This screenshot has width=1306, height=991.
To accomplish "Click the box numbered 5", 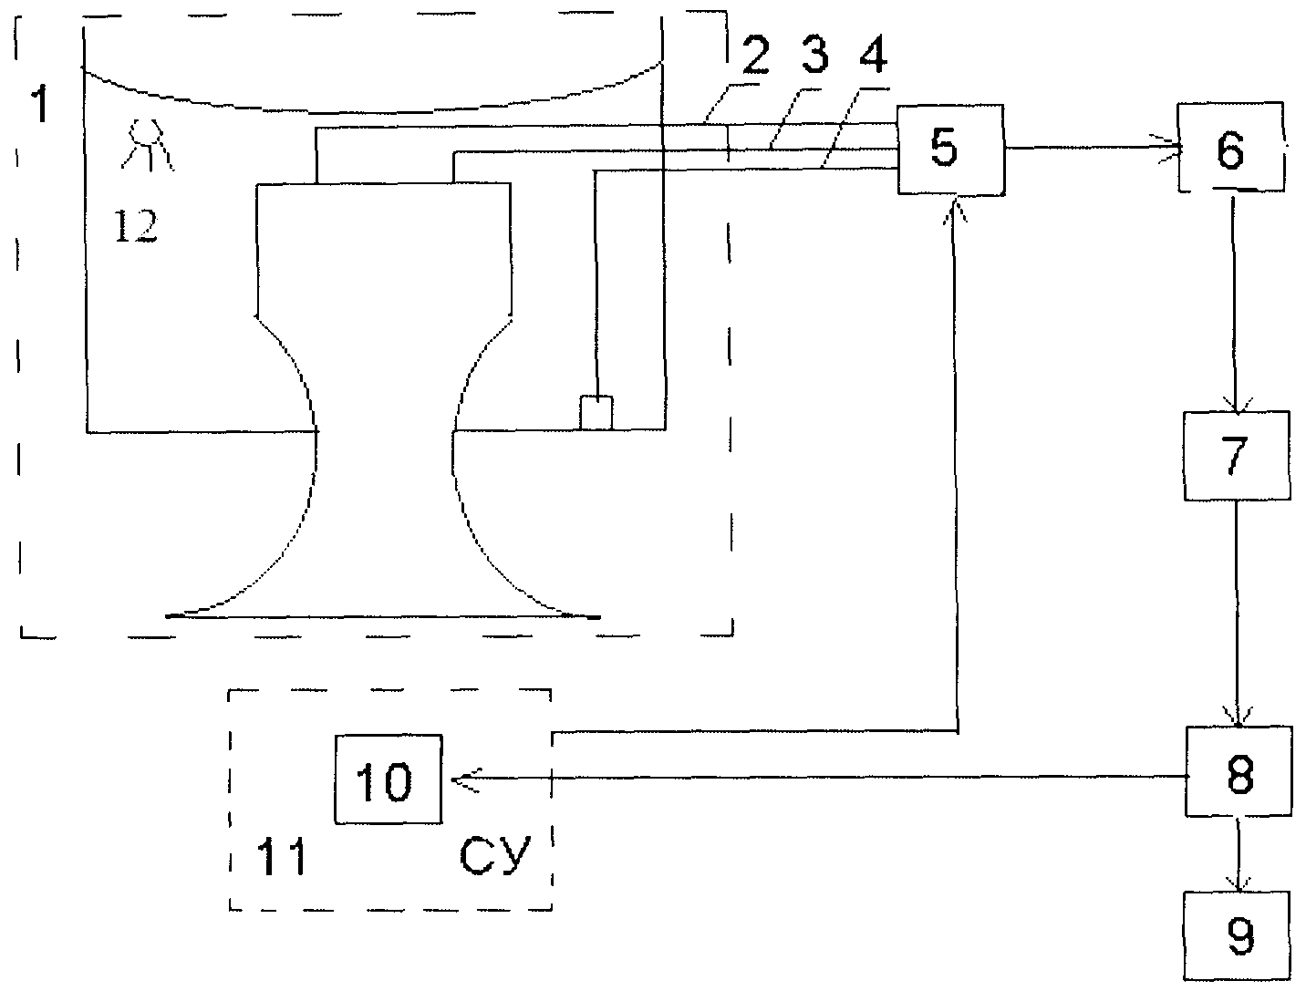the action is tap(950, 149).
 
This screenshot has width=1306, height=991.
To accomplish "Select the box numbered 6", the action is tap(1232, 149).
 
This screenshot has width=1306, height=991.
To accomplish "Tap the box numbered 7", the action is tap(1236, 455).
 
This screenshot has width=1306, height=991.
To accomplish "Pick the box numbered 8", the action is tap(1239, 771).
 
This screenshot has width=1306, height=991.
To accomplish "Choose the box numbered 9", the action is tap(1239, 935).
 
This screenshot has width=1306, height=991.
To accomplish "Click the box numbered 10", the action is tap(388, 779).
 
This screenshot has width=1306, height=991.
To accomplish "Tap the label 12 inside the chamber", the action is tap(136, 227).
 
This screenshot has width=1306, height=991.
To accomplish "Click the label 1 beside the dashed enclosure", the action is tap(41, 106).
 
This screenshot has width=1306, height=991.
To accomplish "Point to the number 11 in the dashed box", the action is tap(280, 859).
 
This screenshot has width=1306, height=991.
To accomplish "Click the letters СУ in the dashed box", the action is tap(493, 857).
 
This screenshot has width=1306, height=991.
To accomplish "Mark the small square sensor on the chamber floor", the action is tap(596, 413).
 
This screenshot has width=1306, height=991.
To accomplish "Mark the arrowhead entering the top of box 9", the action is tap(1239, 883).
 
